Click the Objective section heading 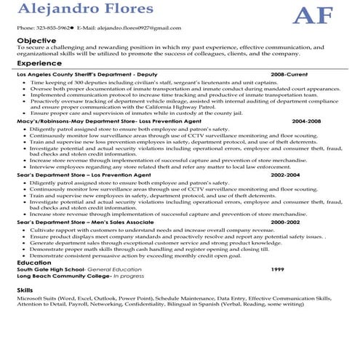point(36,39)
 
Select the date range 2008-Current point(289,75)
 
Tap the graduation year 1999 point(277,270)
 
